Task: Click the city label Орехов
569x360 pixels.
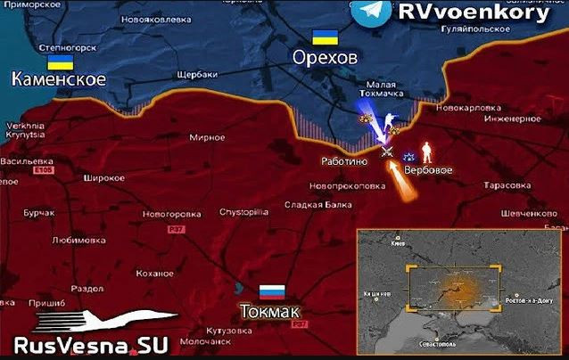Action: click(325, 58)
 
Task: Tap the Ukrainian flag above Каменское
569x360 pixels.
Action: click(60, 61)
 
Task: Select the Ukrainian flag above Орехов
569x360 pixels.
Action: click(324, 37)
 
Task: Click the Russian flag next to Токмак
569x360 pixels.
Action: click(272, 291)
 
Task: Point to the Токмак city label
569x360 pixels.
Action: click(269, 311)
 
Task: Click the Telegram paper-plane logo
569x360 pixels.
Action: click(369, 12)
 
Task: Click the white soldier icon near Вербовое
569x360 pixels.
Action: click(426, 149)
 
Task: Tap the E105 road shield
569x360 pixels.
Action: click(42, 169)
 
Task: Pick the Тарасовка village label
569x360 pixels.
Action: click(507, 185)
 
